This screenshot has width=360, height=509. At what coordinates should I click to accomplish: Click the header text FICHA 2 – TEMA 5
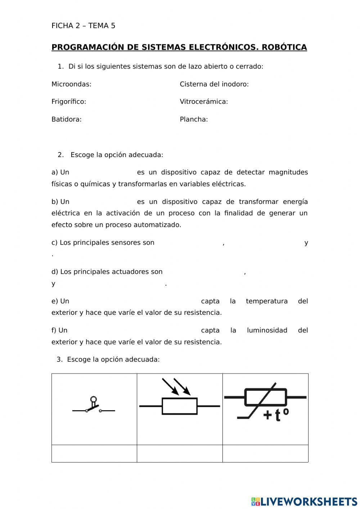[83, 26]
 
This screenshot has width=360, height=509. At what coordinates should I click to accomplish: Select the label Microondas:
[71, 84]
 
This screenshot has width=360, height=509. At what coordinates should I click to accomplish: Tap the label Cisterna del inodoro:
[214, 84]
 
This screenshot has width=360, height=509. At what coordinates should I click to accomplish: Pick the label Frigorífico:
[69, 102]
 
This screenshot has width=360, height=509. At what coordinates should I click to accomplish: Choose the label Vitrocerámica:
[204, 102]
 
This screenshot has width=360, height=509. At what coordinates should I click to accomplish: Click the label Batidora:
[67, 119]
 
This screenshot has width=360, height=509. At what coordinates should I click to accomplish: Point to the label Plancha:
[194, 119]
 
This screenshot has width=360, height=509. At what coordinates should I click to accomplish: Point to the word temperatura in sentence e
[266, 301]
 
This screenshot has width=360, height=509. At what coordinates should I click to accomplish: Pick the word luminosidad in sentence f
[267, 330]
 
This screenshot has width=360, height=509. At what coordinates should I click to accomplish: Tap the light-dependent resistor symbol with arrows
[179, 400]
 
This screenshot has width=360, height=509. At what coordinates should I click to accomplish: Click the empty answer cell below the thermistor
[265, 453]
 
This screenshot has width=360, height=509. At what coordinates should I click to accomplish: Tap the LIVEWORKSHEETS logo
[304, 501]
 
